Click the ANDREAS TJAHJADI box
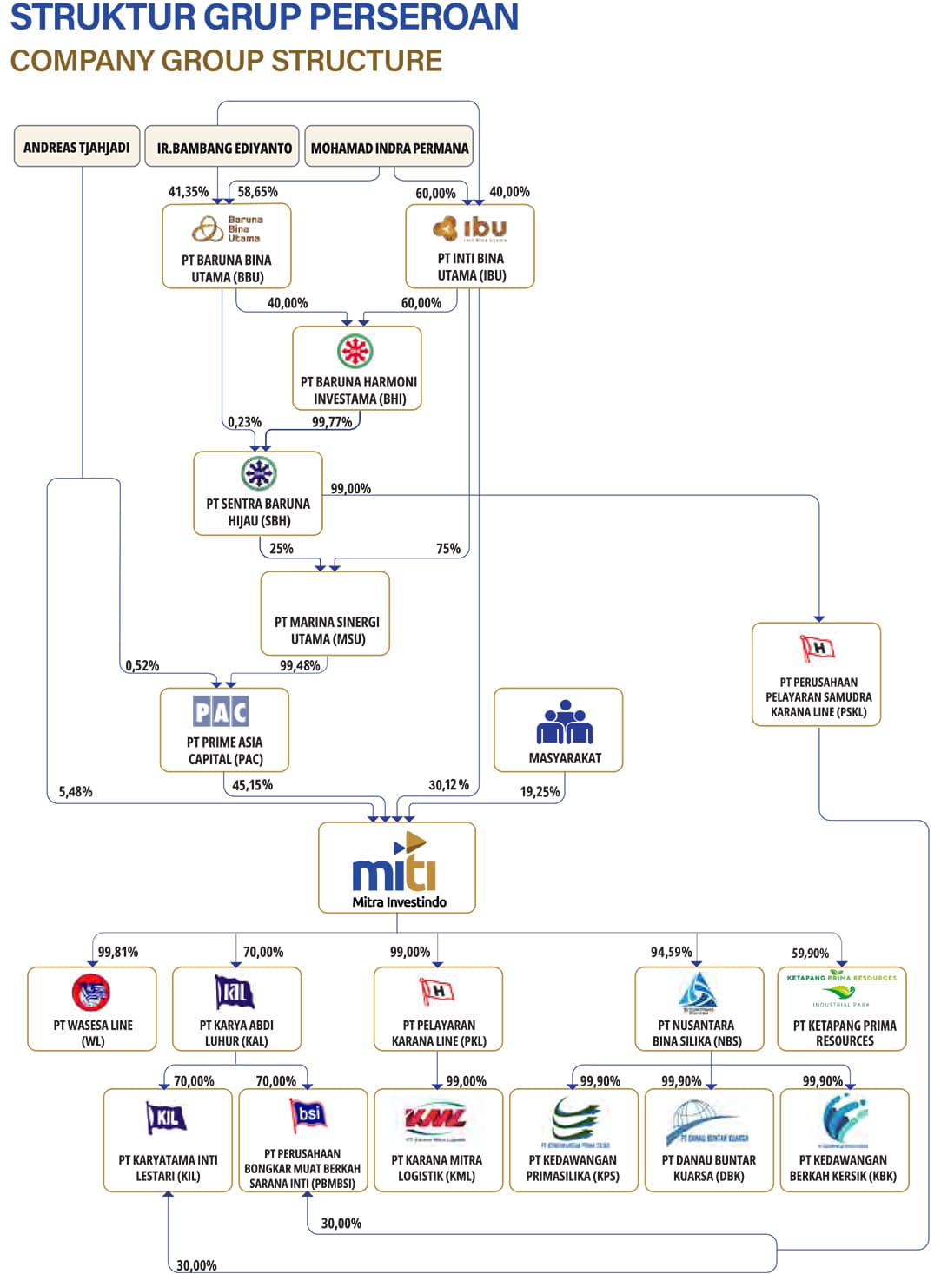tap(76, 147)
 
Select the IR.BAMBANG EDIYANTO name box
tap(223, 148)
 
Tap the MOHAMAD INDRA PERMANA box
tap(389, 148)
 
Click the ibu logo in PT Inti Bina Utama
tap(470, 228)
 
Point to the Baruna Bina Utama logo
tap(226, 229)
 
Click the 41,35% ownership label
tap(188, 192)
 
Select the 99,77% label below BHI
tap(332, 422)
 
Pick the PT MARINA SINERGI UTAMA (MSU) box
tap(326, 613)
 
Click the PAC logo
tap(221, 712)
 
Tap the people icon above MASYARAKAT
tap(564, 723)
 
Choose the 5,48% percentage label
tap(76, 792)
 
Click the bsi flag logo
tap(308, 1115)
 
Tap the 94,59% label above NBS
tap(671, 953)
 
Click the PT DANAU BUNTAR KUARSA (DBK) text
tap(708, 1168)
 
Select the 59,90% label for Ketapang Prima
tap(810, 954)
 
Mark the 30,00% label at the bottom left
tap(196, 1265)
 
